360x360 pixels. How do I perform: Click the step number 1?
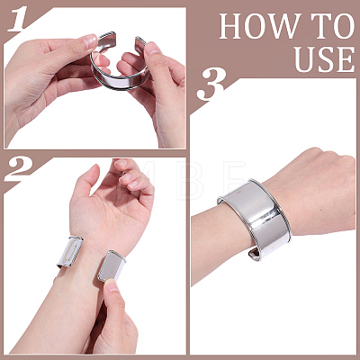(20, 18)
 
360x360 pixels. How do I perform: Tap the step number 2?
(19, 169)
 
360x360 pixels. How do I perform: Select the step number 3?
(211, 85)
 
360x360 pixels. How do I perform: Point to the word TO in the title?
(331, 26)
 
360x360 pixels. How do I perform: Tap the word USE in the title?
(325, 58)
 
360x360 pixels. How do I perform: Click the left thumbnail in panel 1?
(90, 41)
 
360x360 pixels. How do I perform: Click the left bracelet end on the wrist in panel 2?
(70, 252)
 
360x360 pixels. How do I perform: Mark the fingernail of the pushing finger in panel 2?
(112, 285)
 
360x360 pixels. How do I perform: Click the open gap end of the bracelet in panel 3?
(255, 255)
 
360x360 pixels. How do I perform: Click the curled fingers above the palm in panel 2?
(132, 178)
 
